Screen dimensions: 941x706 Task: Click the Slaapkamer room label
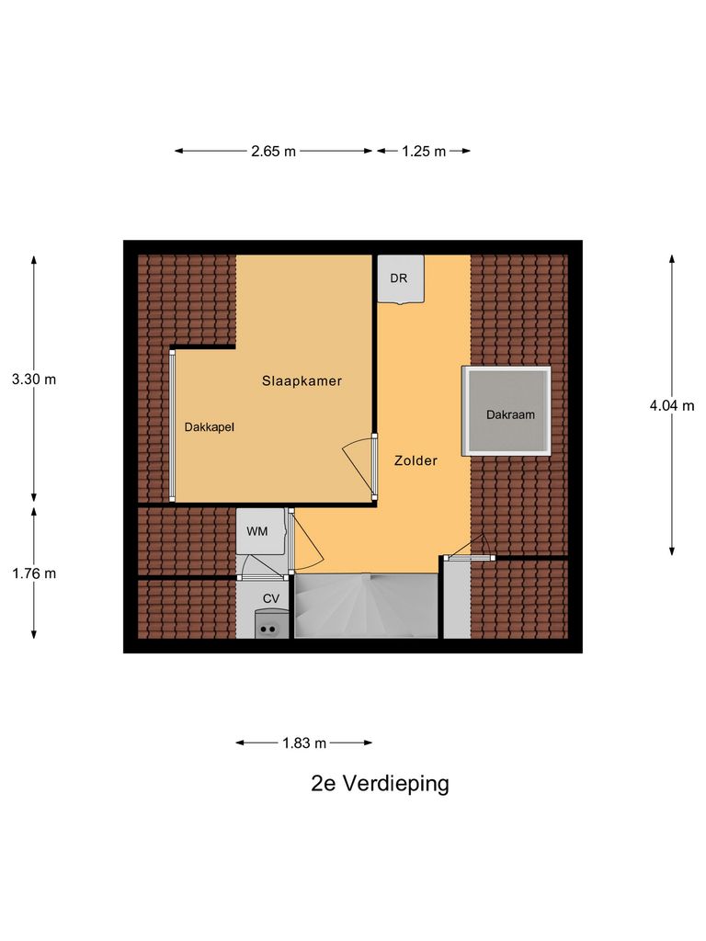(302, 380)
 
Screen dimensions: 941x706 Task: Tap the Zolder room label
(416, 460)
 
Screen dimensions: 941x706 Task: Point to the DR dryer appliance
(399, 278)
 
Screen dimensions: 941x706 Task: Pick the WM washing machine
(258, 531)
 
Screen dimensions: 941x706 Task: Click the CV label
(270, 598)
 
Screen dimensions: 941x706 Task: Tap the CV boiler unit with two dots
(269, 628)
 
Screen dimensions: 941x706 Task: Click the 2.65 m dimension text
(273, 152)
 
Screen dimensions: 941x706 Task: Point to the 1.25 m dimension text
(423, 152)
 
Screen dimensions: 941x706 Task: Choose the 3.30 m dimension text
(34, 380)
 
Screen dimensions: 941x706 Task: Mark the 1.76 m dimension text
(34, 573)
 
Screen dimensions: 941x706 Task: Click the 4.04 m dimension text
(671, 405)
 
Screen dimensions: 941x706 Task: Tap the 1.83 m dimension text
(304, 743)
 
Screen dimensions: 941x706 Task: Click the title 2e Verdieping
(380, 784)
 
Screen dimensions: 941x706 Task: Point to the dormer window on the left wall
(172, 425)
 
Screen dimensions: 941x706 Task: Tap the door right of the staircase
(469, 549)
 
